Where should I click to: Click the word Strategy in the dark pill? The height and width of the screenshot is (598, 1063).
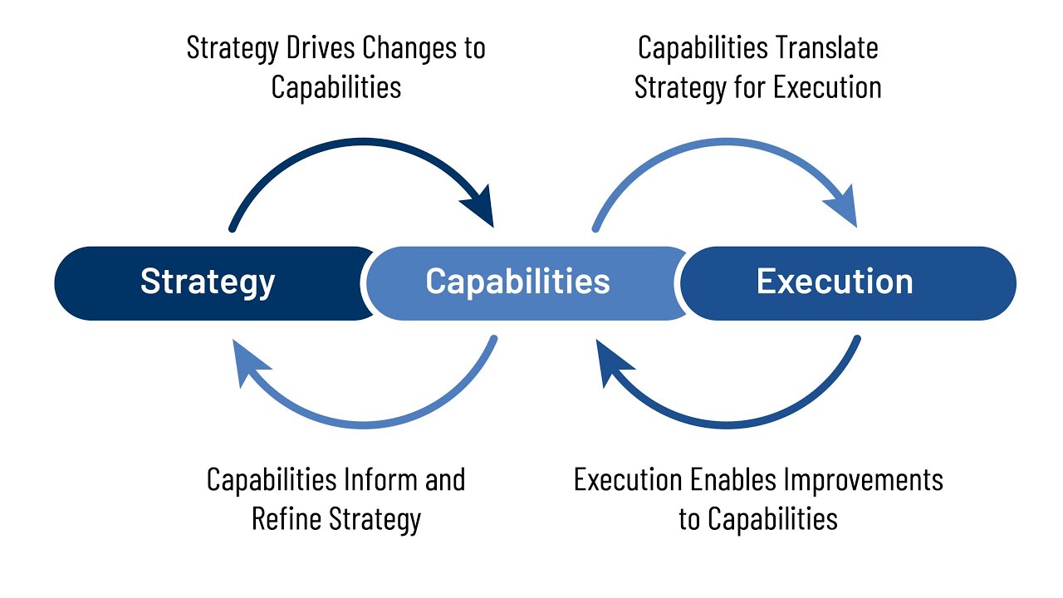pyautogui.click(x=208, y=282)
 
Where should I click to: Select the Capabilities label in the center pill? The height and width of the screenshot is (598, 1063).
pyautogui.click(x=517, y=282)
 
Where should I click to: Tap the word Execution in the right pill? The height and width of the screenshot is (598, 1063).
pyautogui.click(x=835, y=282)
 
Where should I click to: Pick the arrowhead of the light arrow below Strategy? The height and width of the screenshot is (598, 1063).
pyautogui.click(x=249, y=360)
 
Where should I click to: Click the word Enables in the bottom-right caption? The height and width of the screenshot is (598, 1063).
pyautogui.click(x=734, y=479)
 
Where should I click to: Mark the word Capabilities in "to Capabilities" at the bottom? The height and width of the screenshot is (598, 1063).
pyautogui.click(x=772, y=519)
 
